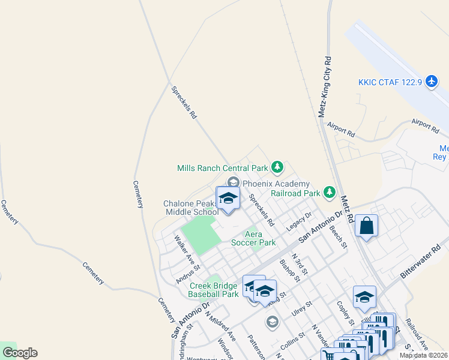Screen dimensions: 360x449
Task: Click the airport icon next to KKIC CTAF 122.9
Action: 432,81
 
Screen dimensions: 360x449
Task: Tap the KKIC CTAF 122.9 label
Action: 390,82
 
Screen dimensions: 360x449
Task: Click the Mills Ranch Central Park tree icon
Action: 277,166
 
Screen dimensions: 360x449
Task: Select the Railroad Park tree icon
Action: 329,192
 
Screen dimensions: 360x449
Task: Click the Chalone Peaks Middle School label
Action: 191,208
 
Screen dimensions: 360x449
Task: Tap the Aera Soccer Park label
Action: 254,239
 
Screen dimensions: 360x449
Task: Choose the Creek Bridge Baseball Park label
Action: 214,290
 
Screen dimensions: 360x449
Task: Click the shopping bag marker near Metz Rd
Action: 366,226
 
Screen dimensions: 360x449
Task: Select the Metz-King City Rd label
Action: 325,88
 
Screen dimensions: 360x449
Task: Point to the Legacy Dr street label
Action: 300,220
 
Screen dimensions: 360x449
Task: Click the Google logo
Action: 20,353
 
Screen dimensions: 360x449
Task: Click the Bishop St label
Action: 290,269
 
